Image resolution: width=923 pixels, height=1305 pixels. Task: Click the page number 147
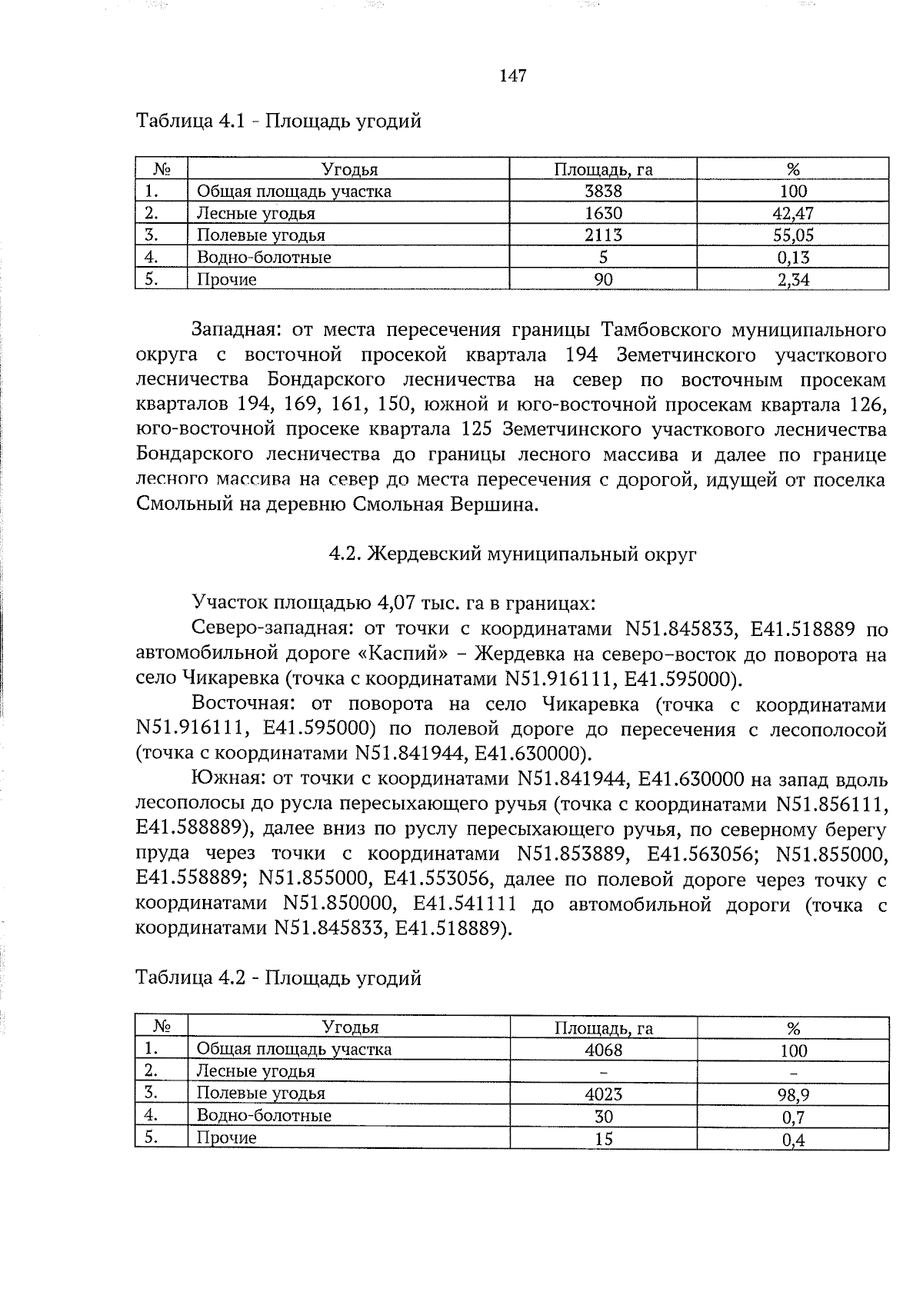point(512,75)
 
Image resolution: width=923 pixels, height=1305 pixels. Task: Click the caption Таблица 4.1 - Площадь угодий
point(278,122)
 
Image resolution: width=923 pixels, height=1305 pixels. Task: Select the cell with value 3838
point(603,191)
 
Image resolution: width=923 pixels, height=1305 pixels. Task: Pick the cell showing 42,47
point(793,214)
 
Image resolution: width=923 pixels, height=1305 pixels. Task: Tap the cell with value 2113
point(603,235)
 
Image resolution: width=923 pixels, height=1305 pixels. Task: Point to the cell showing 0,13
point(793,258)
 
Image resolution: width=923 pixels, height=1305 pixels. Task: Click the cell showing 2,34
point(793,280)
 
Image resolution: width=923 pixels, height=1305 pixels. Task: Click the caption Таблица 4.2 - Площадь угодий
point(278,978)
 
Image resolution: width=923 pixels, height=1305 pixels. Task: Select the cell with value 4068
point(603,1050)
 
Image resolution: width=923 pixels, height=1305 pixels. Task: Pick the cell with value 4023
point(603,1094)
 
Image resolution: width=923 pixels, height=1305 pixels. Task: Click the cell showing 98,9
point(793,1094)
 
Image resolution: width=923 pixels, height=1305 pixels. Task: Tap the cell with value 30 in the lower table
point(603,1116)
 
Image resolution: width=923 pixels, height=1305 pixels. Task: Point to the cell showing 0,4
point(793,1139)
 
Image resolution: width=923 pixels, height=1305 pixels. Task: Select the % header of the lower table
point(793,1028)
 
